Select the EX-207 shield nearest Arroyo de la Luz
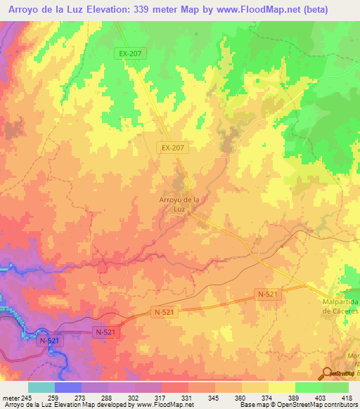172,148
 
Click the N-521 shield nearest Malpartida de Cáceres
268,296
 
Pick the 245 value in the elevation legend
26,398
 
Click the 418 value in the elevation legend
348,398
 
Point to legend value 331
187,398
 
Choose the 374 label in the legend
268,398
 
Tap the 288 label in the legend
107,398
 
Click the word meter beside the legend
11,398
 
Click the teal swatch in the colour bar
41,387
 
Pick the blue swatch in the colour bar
67,387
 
